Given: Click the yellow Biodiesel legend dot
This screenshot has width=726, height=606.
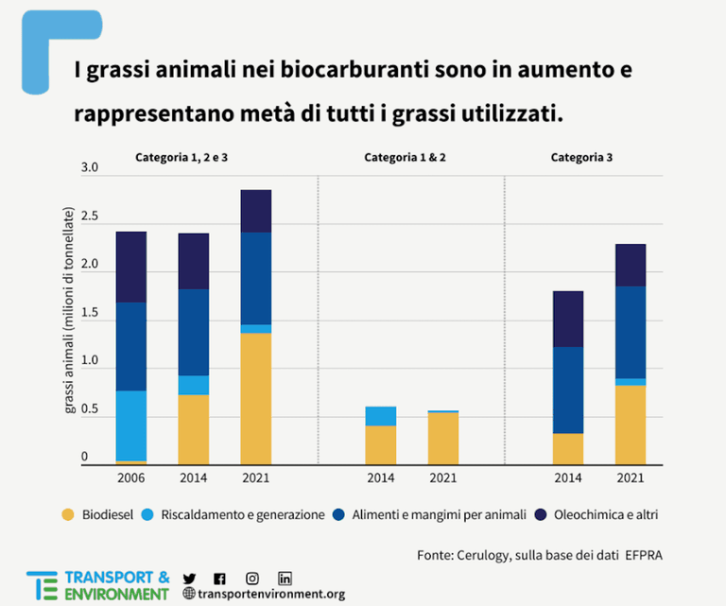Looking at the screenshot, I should [67, 515].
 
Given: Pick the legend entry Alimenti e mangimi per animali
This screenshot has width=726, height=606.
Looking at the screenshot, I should [439, 515].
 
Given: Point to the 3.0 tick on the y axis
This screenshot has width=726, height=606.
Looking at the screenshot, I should [90, 168].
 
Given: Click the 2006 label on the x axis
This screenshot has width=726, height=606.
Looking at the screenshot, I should [130, 477].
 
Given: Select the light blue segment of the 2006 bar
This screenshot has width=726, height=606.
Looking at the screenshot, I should [130, 425].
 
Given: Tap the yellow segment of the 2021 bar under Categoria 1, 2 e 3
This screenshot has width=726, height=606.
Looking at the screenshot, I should [255, 398].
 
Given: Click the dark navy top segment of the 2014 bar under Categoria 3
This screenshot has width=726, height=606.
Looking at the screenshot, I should [567, 319].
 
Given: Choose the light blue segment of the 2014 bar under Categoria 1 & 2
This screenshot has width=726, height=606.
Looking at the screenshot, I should [381, 416].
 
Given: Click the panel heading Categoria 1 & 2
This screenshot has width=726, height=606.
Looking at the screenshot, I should [405, 158].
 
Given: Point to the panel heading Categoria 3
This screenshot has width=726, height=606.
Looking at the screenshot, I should [581, 158].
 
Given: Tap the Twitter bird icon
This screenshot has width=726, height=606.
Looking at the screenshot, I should [189, 579].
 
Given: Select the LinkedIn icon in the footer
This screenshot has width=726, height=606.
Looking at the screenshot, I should [285, 579].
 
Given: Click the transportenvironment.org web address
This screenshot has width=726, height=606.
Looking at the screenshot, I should [270, 595].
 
